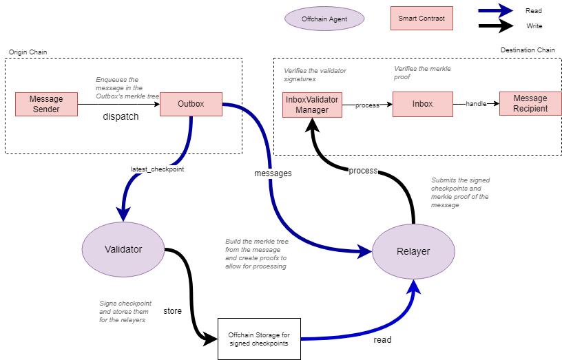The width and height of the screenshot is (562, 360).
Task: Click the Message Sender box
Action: pyautogui.click(x=46, y=105)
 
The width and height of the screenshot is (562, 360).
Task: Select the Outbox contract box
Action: pyautogui.click(x=191, y=105)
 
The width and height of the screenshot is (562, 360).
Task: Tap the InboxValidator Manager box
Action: pyautogui.click(x=312, y=104)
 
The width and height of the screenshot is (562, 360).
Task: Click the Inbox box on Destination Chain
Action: pyautogui.click(x=422, y=104)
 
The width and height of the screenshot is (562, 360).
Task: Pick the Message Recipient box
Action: pyautogui.click(x=530, y=104)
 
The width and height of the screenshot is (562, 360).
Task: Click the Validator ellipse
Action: pyautogui.click(x=123, y=249)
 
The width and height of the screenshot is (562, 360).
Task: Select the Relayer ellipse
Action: pyautogui.click(x=413, y=251)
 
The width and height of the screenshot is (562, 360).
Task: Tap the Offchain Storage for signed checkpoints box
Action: pyautogui.click(x=259, y=339)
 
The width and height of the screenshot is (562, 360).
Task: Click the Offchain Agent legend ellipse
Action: pyautogui.click(x=324, y=19)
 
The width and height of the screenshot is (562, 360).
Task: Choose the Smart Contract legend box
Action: pyautogui.click(x=421, y=19)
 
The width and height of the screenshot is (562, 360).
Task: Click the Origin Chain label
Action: pyautogui.click(x=28, y=52)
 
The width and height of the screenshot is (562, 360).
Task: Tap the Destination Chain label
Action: pyautogui.click(x=527, y=50)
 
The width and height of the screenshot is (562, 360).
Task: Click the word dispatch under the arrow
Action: pyautogui.click(x=121, y=117)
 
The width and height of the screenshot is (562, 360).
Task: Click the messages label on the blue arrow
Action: pyautogui.click(x=273, y=173)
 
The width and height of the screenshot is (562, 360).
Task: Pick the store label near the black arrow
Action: pyautogui.click(x=172, y=311)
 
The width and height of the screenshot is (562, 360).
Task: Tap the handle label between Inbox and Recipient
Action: pyautogui.click(x=476, y=104)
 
